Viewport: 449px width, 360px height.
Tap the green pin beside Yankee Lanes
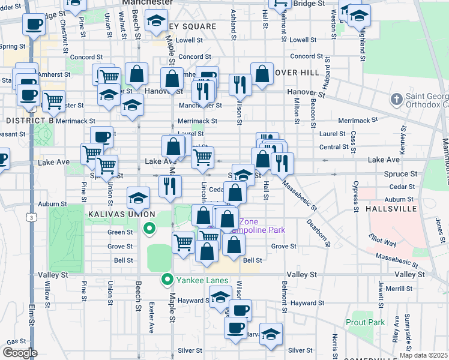169,280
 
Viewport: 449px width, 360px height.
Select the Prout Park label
366,322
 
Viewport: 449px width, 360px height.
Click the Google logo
20,353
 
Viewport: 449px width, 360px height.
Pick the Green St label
116,232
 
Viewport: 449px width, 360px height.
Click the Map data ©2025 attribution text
422,355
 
